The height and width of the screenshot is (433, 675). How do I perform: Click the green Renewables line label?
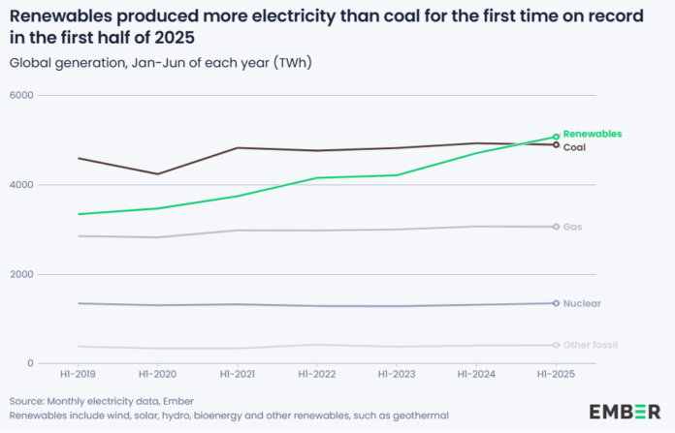593,134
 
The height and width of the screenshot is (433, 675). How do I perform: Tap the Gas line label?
572,227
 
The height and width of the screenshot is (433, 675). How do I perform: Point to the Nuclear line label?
582,303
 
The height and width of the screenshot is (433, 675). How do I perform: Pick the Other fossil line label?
591,345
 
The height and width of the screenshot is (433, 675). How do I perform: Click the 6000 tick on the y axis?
21,95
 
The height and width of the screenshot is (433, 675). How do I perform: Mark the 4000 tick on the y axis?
21,185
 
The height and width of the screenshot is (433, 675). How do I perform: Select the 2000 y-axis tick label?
21,274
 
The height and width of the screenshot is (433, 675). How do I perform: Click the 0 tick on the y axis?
30,363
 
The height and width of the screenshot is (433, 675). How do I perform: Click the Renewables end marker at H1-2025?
556,137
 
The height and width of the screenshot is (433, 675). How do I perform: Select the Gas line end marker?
556,227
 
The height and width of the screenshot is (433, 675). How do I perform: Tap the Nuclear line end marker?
556,303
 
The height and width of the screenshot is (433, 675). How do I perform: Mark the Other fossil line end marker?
556,345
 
